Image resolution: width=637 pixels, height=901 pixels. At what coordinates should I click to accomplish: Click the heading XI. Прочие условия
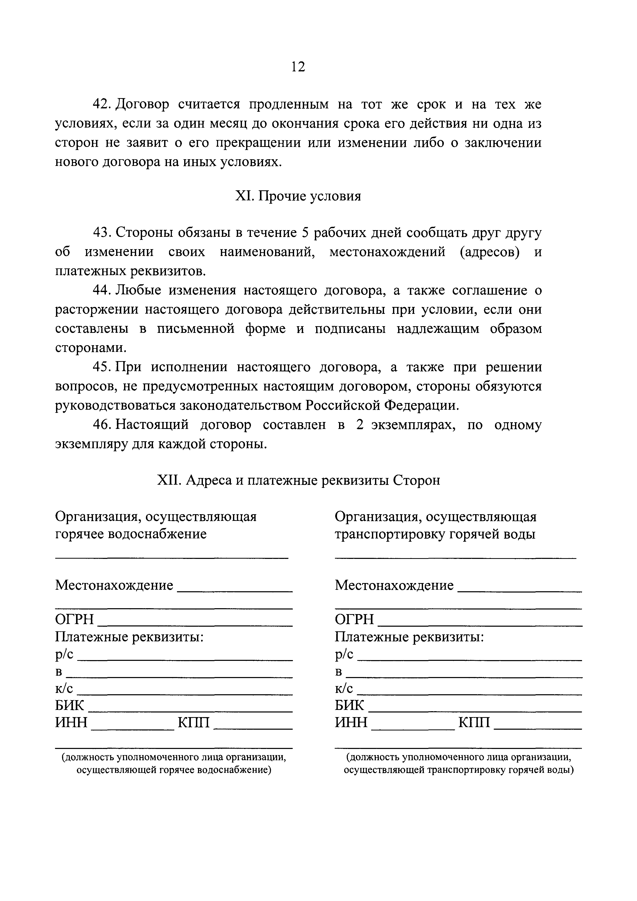point(298,196)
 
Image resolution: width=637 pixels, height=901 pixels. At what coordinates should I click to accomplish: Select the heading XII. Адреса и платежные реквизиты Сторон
point(298,480)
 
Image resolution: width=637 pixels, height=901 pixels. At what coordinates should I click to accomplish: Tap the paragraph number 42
point(102,104)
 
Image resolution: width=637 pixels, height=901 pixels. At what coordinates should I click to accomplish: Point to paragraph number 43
point(102,233)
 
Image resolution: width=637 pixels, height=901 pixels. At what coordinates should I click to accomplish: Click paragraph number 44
point(102,290)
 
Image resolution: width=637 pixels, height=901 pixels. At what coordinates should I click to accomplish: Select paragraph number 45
point(102,367)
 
